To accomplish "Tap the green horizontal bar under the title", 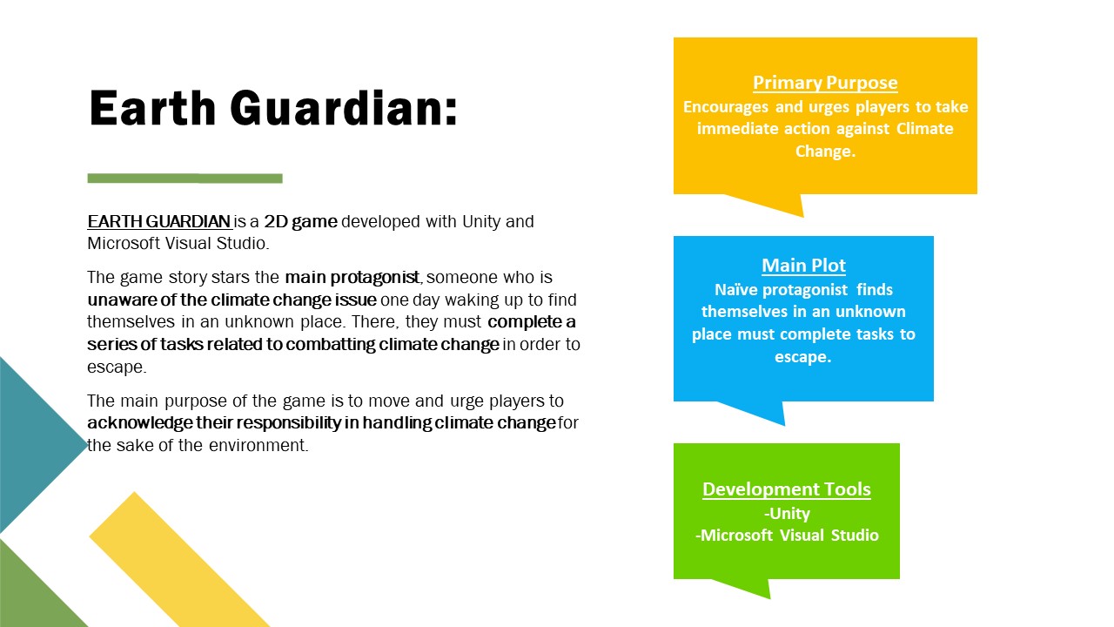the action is (185, 179).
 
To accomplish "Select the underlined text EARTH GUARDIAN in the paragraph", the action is (159, 221).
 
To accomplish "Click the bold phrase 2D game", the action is (301, 221).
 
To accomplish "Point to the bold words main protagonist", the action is (352, 277).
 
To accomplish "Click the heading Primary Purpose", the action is (825, 83).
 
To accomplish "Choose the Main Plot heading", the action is (803, 266).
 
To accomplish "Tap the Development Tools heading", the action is (787, 489).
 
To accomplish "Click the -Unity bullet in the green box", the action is (788, 513).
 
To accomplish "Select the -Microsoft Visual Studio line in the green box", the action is (788, 535).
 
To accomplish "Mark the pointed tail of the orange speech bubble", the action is (802, 216).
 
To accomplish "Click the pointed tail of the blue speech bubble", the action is (784, 424).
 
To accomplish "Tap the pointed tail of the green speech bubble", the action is (769, 597).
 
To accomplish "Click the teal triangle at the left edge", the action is (30, 444).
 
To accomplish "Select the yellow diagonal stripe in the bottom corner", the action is (179, 563).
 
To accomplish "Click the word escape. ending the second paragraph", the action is (117, 367).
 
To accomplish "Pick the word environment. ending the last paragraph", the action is (258, 445).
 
